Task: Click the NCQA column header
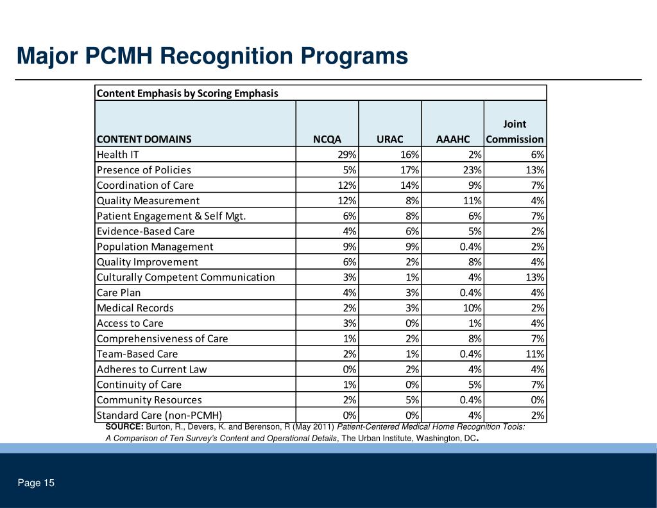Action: (x=327, y=139)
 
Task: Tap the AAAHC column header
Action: (x=453, y=139)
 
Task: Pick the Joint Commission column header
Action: (x=515, y=132)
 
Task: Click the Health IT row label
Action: (x=117, y=155)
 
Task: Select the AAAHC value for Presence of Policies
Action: (x=471, y=170)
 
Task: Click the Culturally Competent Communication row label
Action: (x=185, y=277)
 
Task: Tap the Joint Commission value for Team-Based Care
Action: (x=533, y=354)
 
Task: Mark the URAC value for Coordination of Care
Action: (x=409, y=186)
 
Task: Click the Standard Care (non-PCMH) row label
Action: (x=160, y=416)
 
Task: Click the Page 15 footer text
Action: (x=36, y=483)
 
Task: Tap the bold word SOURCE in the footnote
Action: (x=124, y=426)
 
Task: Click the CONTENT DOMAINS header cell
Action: (x=144, y=139)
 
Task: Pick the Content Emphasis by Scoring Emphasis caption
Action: (x=187, y=93)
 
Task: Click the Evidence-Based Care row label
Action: (x=145, y=231)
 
